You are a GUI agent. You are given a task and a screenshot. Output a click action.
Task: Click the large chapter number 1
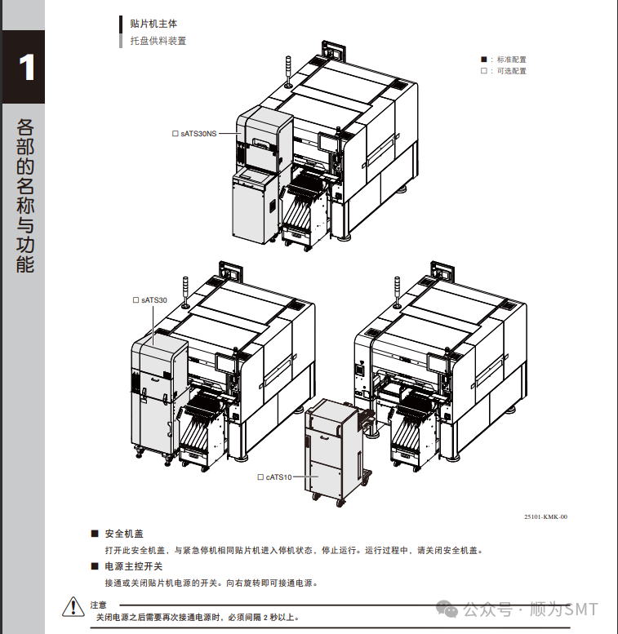(28, 67)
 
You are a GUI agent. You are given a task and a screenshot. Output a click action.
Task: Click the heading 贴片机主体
(153, 24)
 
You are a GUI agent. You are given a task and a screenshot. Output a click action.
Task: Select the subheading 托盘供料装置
(158, 41)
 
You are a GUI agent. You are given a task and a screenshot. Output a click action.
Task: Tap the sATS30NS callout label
(198, 133)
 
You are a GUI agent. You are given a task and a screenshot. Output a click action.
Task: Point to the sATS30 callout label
(153, 300)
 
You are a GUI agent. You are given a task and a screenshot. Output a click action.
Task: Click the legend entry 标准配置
(511, 60)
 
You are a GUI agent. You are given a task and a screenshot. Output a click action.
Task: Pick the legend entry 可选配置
(511, 71)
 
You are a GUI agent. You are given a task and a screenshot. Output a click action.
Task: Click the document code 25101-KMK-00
(545, 517)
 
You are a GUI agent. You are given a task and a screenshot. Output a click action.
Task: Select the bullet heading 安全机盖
(124, 534)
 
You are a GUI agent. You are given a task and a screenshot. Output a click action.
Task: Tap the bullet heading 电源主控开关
(134, 566)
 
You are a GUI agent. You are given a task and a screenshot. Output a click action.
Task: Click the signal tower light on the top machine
(288, 70)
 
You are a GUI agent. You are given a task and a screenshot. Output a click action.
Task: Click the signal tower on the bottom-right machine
(398, 295)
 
